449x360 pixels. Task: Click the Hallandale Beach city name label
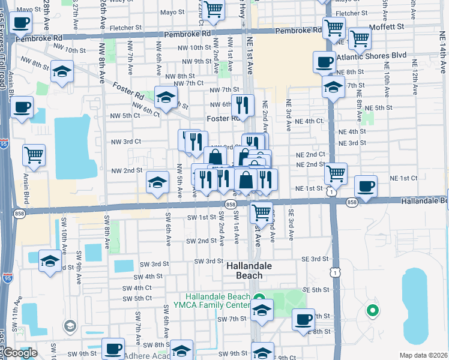point(249,270)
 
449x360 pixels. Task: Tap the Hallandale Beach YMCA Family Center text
point(217,301)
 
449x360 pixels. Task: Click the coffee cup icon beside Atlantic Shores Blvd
point(325,61)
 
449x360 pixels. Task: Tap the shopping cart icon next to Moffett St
point(359,38)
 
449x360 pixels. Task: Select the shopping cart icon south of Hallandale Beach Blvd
point(261,211)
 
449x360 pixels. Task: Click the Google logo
point(19,353)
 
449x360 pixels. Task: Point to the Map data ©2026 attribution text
point(424,355)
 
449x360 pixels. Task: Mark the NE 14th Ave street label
point(442,60)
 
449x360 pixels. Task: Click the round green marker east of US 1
point(372,310)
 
